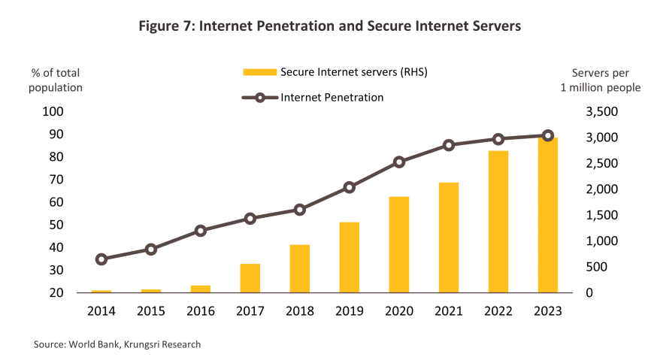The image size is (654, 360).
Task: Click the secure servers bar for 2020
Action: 399,244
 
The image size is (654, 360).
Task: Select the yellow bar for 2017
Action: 250,278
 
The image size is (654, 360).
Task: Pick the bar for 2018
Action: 300,268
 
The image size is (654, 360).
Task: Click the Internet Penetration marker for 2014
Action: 101,259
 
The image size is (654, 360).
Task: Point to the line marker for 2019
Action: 350,187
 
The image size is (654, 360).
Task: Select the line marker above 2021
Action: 449,145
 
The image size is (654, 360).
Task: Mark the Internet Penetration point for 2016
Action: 201,231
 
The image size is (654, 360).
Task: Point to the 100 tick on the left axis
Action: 56,112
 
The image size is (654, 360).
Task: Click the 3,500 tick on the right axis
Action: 601,112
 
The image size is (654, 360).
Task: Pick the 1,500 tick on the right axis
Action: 601,215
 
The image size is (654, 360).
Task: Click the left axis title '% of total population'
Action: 56,80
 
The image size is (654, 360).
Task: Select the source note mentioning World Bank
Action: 117,344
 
